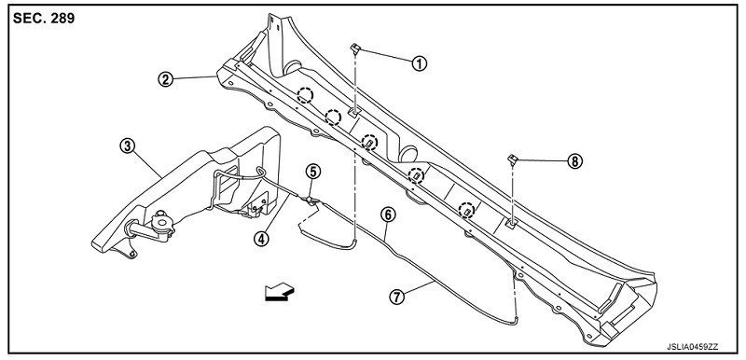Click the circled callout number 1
point(419,62)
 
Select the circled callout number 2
point(166,79)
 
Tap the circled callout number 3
point(126,146)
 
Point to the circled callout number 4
point(261,238)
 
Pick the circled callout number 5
point(313,172)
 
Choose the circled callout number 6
point(388,215)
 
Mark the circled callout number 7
point(396,297)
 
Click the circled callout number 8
point(574,161)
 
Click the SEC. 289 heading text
point(44,19)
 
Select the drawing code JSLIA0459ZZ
point(692,347)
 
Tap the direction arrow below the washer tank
point(280,291)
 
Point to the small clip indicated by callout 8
point(512,159)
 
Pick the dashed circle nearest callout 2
point(305,95)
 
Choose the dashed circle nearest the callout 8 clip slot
point(467,210)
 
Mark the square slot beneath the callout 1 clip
point(353,112)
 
